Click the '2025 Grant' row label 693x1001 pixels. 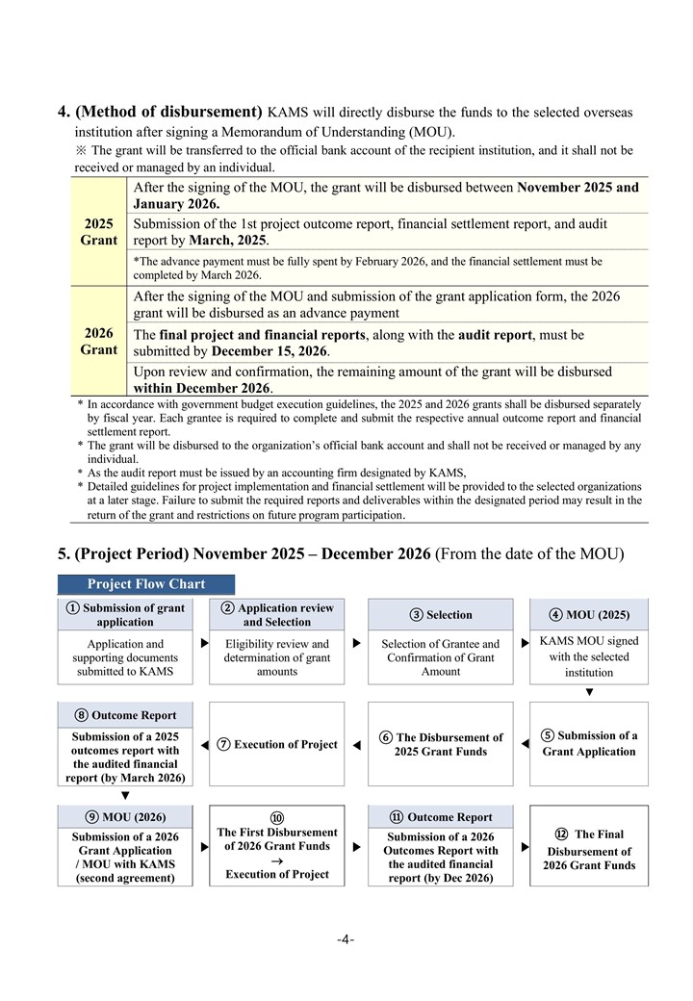[x=98, y=231]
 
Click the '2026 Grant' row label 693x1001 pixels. [x=98, y=342]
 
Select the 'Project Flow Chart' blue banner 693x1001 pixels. [x=145, y=584]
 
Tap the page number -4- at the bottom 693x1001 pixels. [x=346, y=939]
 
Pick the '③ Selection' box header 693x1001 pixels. [x=441, y=615]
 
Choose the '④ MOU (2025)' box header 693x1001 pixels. [x=589, y=614]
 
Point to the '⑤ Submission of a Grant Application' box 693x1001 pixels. [x=589, y=743]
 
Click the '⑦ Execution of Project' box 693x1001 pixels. [x=277, y=744]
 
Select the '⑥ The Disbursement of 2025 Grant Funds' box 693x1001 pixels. [x=441, y=744]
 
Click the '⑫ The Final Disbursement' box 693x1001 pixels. [x=589, y=850]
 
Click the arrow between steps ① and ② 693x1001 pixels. [x=204, y=641]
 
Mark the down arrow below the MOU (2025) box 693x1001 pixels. [x=589, y=691]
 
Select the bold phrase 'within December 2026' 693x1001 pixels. [x=202, y=388]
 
